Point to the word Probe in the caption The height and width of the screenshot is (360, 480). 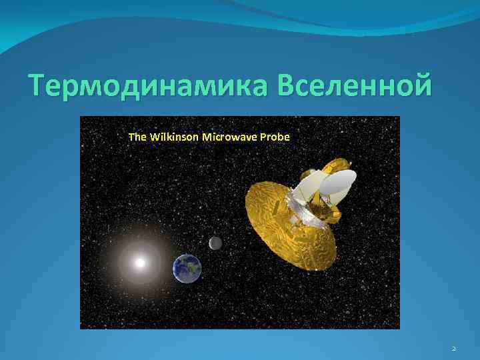[x=276, y=137]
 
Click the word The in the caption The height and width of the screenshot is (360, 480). [x=137, y=137]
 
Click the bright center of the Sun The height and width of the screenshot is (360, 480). [x=140, y=263]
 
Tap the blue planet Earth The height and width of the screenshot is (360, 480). [x=187, y=268]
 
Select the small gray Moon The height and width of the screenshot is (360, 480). [x=215, y=243]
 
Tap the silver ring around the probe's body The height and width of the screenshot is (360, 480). [x=303, y=210]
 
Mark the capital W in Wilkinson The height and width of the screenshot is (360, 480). [x=155, y=137]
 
